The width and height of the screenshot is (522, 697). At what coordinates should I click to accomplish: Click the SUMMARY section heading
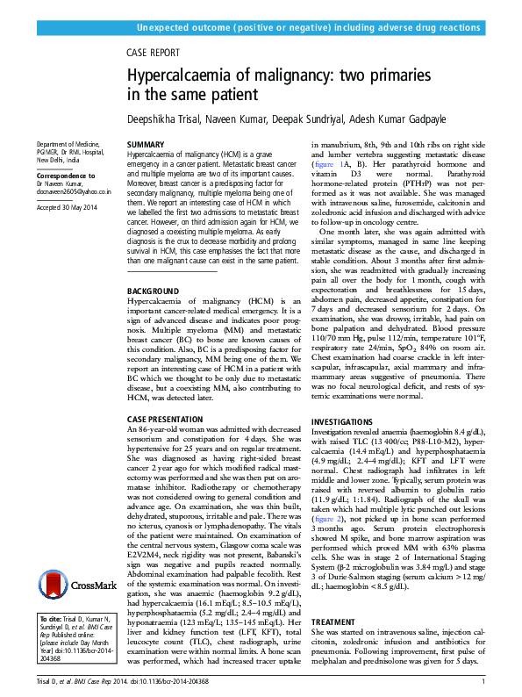click(146, 143)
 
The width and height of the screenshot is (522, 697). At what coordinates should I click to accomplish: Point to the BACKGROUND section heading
click(154, 291)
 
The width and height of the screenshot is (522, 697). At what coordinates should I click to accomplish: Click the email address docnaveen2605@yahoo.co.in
click(74, 191)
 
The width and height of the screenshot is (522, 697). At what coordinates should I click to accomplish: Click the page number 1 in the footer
click(483, 682)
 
